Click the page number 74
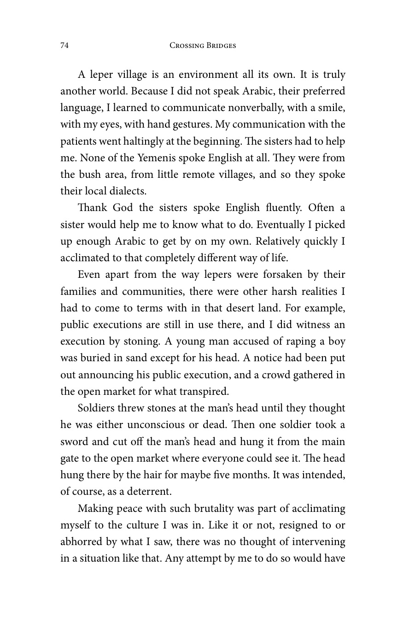coord(64,46)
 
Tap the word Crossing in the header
coord(187,46)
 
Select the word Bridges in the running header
coord(220,46)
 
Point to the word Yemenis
coord(157,158)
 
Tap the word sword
coord(74,441)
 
